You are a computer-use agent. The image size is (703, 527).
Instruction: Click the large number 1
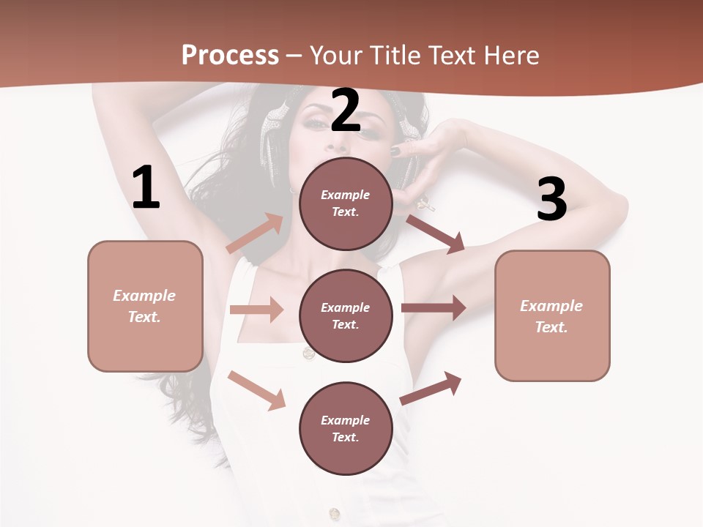(146, 187)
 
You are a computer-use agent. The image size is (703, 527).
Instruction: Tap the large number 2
(346, 111)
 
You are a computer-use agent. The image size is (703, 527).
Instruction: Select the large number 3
(551, 199)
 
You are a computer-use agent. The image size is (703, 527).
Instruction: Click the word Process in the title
(230, 55)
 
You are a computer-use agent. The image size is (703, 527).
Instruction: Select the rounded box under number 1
(145, 306)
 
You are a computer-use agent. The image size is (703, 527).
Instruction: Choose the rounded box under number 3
(552, 315)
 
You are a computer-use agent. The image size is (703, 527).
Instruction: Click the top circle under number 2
(346, 203)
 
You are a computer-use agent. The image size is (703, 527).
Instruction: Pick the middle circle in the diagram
(346, 315)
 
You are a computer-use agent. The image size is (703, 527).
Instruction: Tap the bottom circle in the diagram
(346, 428)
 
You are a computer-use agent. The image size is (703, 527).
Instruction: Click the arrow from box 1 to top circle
(255, 233)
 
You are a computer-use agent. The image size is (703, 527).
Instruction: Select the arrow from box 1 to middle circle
(256, 310)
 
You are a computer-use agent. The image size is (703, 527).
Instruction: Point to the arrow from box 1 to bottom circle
(256, 390)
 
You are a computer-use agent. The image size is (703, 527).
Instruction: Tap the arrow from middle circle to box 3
(434, 307)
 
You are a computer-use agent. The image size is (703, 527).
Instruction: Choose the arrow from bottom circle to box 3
(431, 389)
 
